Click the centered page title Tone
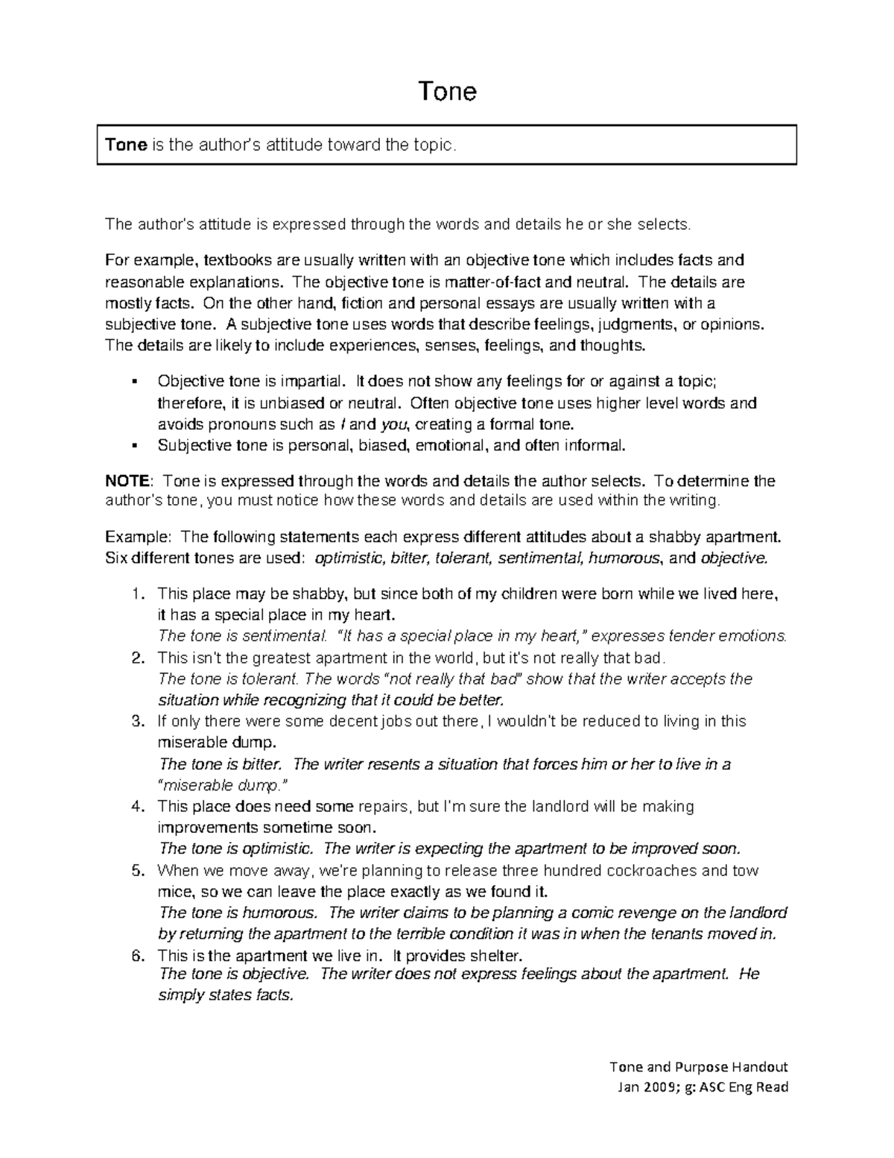[x=447, y=91]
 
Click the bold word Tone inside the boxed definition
[x=126, y=145]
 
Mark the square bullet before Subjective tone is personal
[x=134, y=446]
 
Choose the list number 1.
[x=136, y=594]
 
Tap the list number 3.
[x=136, y=721]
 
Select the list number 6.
[x=136, y=955]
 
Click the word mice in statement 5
[x=174, y=891]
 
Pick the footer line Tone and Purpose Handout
[x=698, y=1066]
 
